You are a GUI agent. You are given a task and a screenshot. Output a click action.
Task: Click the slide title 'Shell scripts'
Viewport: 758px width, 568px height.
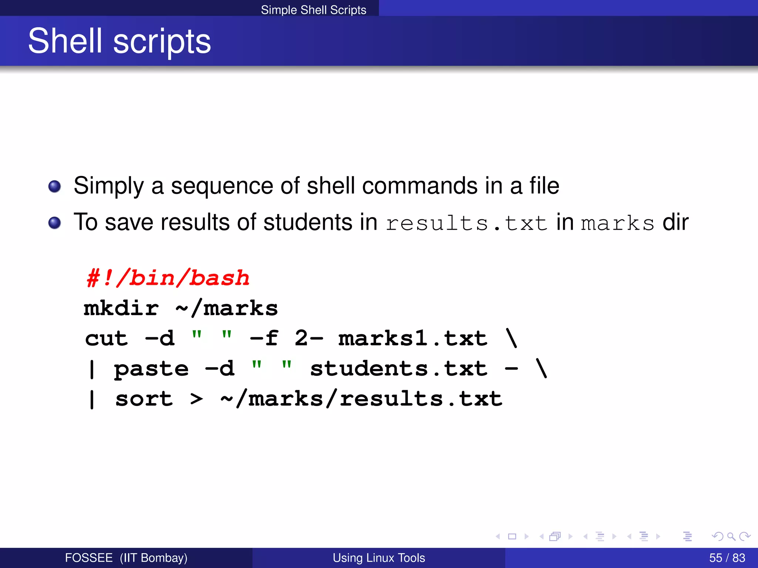119,41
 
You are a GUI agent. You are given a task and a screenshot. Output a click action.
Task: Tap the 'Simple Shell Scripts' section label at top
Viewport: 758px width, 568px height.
313,10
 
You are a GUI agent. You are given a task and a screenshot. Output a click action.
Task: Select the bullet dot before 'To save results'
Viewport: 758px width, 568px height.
55,223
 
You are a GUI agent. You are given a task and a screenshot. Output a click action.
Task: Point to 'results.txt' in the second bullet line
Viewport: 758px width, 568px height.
466,223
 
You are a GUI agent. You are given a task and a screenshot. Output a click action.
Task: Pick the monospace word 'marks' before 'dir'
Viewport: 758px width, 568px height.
617,223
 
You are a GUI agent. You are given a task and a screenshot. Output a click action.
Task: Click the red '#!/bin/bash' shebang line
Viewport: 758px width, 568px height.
168,278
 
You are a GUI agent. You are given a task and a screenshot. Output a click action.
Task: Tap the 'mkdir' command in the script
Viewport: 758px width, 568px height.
121,308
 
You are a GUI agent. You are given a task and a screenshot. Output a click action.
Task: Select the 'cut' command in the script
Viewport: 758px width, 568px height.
106,339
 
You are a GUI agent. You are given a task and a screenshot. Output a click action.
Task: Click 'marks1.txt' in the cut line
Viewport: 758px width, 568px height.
413,339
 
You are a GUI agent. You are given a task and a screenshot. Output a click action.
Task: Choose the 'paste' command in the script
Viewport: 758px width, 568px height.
151,369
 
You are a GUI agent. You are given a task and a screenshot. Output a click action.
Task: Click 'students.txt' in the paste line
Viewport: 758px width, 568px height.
399,369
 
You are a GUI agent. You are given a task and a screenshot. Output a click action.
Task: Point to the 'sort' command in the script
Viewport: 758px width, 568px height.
144,399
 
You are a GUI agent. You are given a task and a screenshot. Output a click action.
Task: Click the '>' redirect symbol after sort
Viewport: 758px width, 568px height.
197,399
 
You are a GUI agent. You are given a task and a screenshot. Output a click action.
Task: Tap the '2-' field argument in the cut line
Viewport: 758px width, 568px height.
308,339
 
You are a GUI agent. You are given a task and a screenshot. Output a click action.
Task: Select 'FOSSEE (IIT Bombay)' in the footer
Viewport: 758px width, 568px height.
126,558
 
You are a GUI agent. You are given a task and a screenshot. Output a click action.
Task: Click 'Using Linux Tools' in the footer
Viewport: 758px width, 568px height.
379,558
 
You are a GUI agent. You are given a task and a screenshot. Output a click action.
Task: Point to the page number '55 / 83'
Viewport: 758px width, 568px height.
727,558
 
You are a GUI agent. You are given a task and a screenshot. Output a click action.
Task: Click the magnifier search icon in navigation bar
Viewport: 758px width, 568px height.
731,536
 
